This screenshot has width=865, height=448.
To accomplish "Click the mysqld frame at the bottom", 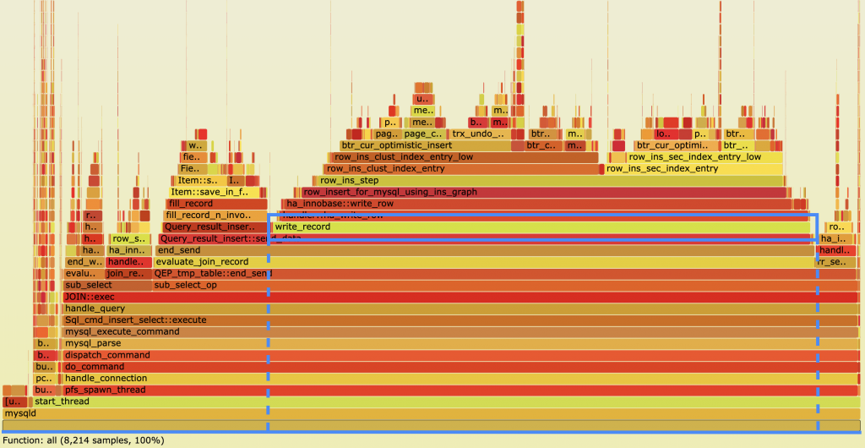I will click(422, 413).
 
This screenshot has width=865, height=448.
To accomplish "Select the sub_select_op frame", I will click(507, 286).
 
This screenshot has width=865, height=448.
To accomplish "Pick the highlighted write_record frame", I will click(541, 227).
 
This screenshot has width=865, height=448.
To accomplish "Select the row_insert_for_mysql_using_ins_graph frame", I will click(541, 192).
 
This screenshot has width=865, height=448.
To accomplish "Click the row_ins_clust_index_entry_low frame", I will click(465, 157).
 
